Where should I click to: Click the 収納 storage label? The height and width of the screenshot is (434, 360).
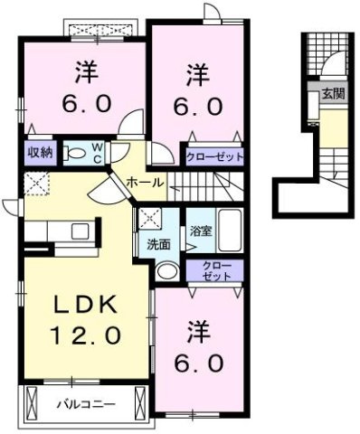coord(37,152)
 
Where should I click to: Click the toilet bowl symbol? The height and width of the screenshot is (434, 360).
coord(75,155)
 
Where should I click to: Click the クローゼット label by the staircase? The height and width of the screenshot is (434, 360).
coord(214,156)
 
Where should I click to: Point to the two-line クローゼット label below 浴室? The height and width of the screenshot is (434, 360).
coord(216,271)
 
